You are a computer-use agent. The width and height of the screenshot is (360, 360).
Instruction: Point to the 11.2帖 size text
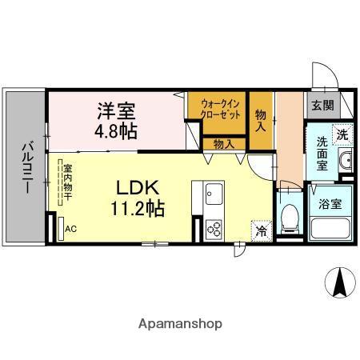click(138, 210)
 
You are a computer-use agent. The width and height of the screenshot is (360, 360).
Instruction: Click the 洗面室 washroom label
click(322, 153)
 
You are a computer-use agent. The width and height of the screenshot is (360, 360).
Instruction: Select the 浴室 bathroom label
click(331, 203)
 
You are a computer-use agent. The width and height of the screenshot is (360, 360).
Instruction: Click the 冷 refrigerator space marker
click(262, 230)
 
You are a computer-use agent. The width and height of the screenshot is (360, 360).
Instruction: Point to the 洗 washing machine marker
click(342, 135)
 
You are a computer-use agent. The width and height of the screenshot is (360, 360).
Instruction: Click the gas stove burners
click(214, 229)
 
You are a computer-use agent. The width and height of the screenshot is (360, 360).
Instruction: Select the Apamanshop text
click(180, 324)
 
